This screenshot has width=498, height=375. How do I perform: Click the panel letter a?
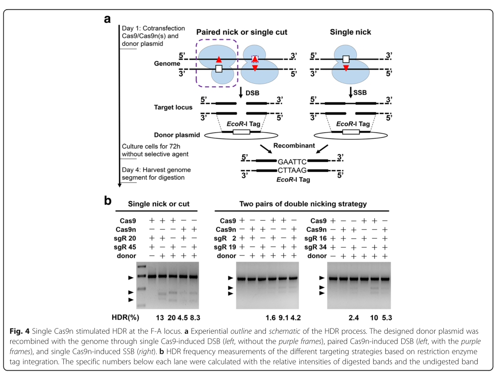click(107, 19)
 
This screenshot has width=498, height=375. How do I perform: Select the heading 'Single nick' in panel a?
click(351, 32)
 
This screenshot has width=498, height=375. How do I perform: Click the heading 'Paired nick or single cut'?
click(242, 32)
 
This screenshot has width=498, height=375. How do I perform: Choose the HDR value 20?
click(172, 317)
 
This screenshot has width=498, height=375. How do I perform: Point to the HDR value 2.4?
click(354, 317)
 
